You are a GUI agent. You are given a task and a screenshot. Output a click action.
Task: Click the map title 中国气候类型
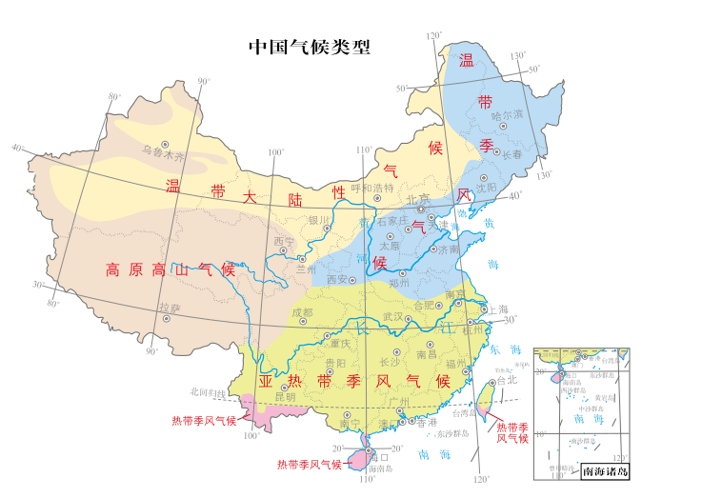[x=310, y=47]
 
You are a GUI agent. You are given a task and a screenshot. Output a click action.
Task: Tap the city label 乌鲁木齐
[x=161, y=151]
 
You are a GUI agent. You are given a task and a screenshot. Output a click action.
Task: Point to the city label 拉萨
[x=170, y=308]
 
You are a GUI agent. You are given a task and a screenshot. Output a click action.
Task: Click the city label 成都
[x=302, y=311]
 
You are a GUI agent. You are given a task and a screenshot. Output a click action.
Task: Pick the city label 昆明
[x=285, y=396]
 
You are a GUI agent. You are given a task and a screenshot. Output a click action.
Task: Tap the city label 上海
[x=498, y=309]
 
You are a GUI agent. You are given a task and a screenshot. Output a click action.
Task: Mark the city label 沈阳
[x=487, y=188]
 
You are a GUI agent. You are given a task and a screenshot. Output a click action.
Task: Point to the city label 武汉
[x=393, y=316]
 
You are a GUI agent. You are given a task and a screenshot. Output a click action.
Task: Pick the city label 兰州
[x=305, y=269]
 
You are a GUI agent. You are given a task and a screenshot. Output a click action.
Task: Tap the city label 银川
[x=317, y=220]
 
